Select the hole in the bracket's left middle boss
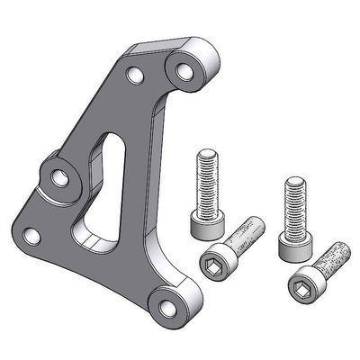click(58, 176)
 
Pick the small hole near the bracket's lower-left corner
click(31, 237)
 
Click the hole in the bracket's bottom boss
click(162, 300)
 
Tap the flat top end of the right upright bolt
click(292, 180)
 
